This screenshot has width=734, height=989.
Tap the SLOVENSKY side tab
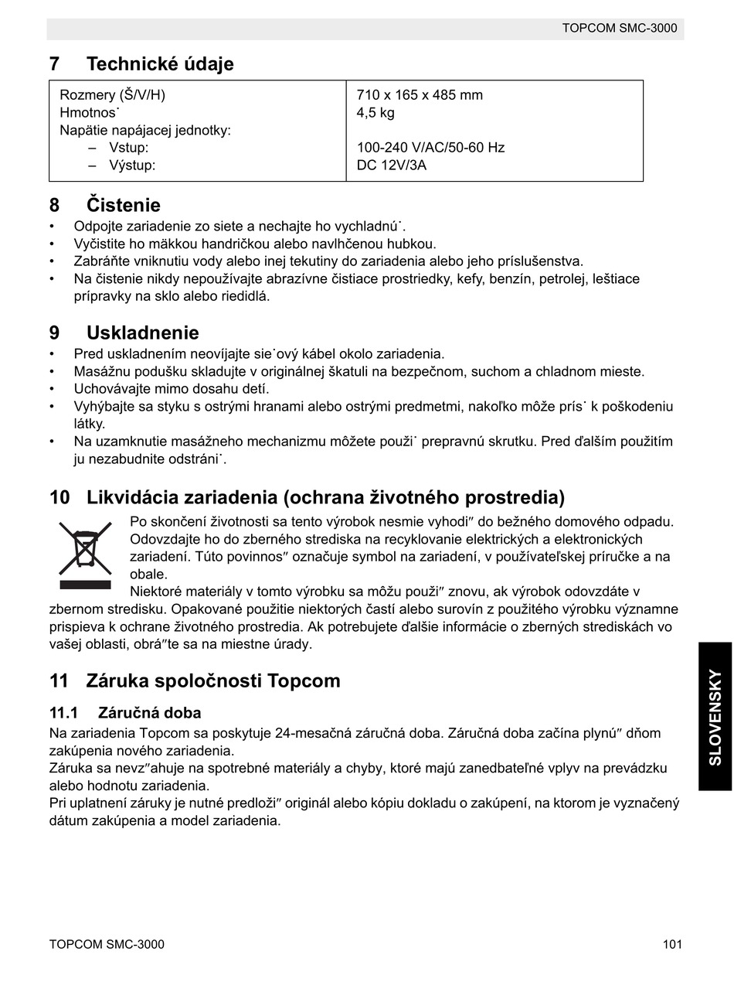click(x=715, y=716)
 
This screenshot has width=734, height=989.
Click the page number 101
click(x=672, y=944)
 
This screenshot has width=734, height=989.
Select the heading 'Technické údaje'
click(x=160, y=64)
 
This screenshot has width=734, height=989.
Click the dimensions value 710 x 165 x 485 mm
click(x=420, y=95)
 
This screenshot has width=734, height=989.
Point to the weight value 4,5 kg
click(x=375, y=113)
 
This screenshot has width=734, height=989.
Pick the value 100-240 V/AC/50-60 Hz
click(x=430, y=148)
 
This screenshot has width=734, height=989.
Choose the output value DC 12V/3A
click(x=391, y=165)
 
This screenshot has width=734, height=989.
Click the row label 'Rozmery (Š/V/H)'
click(x=112, y=95)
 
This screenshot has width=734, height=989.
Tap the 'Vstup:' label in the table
click(x=128, y=148)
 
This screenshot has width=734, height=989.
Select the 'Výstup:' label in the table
click(x=132, y=165)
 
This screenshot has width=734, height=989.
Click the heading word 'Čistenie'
click(x=124, y=206)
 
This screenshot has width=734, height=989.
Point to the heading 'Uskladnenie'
click(x=143, y=333)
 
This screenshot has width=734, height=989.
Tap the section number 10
click(x=59, y=497)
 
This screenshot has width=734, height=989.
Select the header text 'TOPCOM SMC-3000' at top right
click(x=619, y=29)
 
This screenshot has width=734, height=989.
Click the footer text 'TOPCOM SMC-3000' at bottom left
click(x=107, y=944)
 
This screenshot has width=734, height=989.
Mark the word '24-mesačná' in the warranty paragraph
click(x=313, y=733)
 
